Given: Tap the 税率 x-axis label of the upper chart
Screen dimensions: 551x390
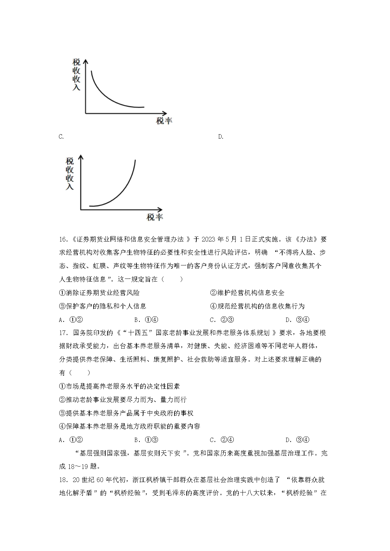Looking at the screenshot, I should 164,121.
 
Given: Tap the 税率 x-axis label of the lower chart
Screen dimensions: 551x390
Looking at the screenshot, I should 155,217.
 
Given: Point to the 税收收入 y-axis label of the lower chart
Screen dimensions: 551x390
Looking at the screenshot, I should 70,173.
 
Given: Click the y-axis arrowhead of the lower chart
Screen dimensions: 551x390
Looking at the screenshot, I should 80,158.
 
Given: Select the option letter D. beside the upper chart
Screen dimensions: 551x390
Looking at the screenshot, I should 221,137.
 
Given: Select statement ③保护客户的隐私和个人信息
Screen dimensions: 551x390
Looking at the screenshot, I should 102,306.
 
